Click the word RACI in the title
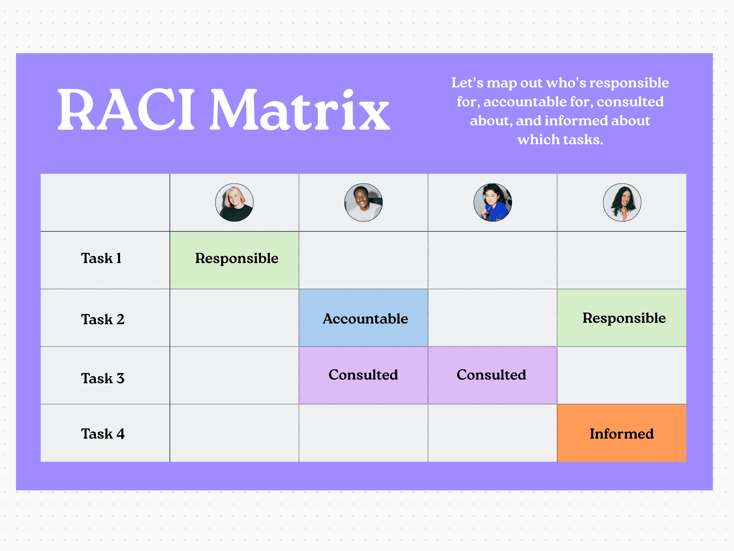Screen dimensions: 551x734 coord(126,109)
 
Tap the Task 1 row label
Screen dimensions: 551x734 coord(101,258)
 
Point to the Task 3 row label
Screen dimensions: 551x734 coord(102,378)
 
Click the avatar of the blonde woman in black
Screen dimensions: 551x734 coord(234,203)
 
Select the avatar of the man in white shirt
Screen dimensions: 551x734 coord(363,203)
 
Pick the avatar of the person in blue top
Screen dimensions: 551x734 coord(492,203)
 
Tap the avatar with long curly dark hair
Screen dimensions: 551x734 coord(622,203)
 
